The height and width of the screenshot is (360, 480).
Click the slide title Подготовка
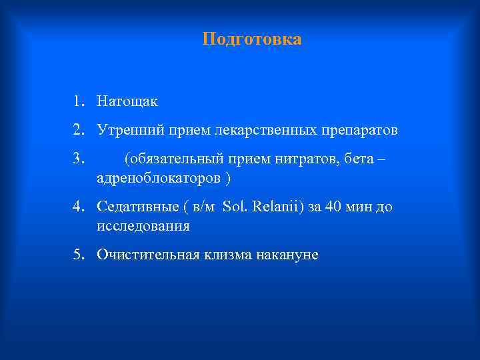click(x=252, y=39)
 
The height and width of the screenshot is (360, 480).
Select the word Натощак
click(x=127, y=102)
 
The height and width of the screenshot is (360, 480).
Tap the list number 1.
click(x=78, y=102)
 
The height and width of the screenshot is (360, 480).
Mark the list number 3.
click(x=78, y=159)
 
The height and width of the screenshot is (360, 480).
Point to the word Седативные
click(x=133, y=207)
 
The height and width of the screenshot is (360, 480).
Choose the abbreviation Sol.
click(x=234, y=207)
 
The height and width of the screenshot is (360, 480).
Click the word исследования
click(x=143, y=226)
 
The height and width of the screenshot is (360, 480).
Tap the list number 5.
click(x=78, y=255)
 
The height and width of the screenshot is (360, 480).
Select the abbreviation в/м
click(x=203, y=207)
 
